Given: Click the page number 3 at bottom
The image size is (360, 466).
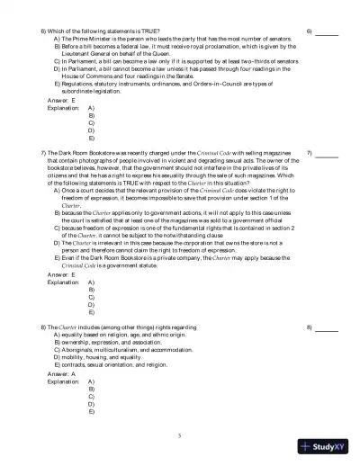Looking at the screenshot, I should pyautogui.click(x=180, y=435).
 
